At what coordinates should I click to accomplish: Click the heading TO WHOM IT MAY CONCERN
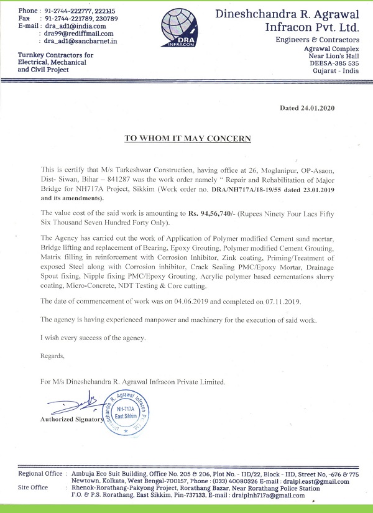(187, 138)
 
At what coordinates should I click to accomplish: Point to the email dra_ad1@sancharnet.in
(81, 41)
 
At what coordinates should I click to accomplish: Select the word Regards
(52, 356)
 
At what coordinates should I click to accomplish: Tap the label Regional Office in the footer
(40, 474)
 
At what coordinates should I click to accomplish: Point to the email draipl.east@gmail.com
(311, 481)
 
